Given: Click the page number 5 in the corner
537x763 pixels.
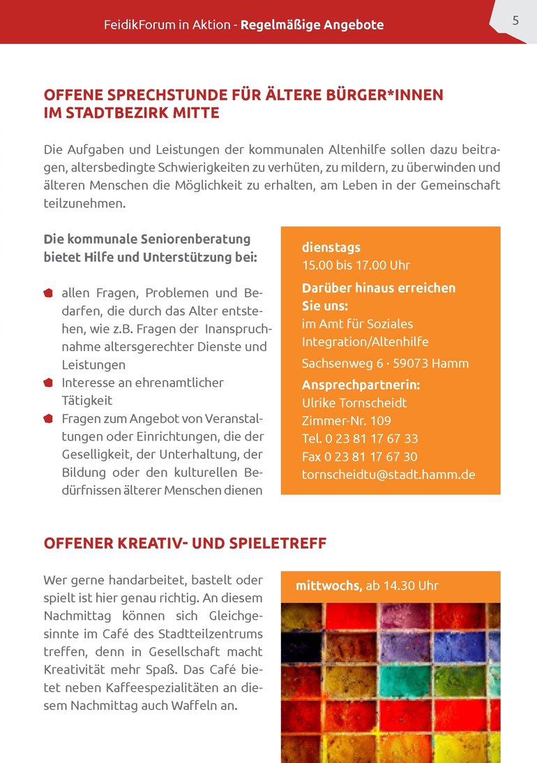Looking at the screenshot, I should (x=515, y=21).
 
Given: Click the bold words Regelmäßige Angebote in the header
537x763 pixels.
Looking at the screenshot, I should (x=312, y=25).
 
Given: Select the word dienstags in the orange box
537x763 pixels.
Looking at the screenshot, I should (x=331, y=247).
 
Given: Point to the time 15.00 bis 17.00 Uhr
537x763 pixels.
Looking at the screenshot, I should (x=356, y=265).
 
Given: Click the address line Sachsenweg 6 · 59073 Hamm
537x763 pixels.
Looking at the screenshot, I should (x=385, y=363).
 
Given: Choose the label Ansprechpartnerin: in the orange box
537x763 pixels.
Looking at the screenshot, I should (x=361, y=385).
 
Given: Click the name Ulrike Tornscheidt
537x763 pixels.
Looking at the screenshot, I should (x=354, y=403).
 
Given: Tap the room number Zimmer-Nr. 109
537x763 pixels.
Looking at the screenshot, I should (x=346, y=421).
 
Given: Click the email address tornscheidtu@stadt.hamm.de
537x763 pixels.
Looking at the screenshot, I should (x=388, y=475).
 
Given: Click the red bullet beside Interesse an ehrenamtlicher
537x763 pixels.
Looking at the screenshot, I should (x=48, y=383).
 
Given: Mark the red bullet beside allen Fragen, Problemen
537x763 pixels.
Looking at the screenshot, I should (x=48, y=292).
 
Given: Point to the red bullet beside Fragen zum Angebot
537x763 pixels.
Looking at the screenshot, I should (x=48, y=419).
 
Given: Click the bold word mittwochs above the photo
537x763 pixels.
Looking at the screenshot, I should (x=328, y=586).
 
